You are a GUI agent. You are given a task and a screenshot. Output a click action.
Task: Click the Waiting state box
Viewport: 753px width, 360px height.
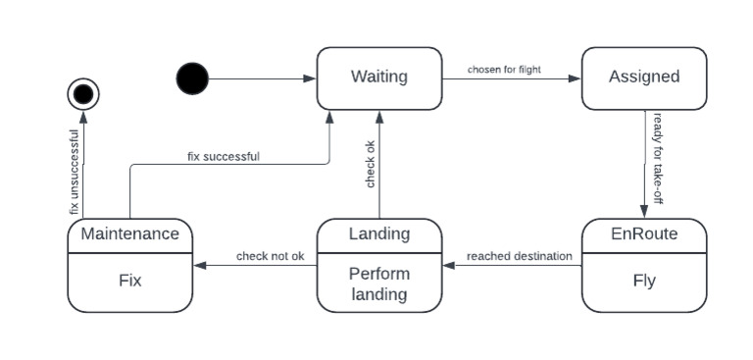[x=378, y=77]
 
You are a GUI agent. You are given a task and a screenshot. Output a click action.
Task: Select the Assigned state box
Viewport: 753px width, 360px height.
[x=643, y=77]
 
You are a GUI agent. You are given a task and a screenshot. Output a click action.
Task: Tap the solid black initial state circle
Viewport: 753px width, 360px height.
[x=192, y=78]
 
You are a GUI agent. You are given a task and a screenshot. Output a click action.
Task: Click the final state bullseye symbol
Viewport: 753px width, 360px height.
[x=83, y=94]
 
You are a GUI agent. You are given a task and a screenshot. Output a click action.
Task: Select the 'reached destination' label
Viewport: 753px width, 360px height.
[x=519, y=256]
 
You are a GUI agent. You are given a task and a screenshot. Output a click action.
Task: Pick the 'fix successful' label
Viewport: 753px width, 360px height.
[x=224, y=155]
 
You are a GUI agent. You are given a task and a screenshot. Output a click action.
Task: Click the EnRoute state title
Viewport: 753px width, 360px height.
[x=643, y=234]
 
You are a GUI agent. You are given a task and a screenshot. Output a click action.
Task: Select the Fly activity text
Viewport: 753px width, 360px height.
[x=643, y=281]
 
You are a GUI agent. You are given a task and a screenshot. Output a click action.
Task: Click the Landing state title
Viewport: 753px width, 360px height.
[x=378, y=233]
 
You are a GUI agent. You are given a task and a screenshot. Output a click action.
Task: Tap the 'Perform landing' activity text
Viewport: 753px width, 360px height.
[x=378, y=283]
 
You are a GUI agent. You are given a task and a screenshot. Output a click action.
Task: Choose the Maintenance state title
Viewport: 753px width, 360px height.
[x=129, y=233]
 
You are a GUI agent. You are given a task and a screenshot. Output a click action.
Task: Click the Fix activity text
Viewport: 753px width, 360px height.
[x=129, y=281]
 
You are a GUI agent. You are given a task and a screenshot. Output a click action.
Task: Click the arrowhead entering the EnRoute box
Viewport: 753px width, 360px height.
[x=644, y=211]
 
